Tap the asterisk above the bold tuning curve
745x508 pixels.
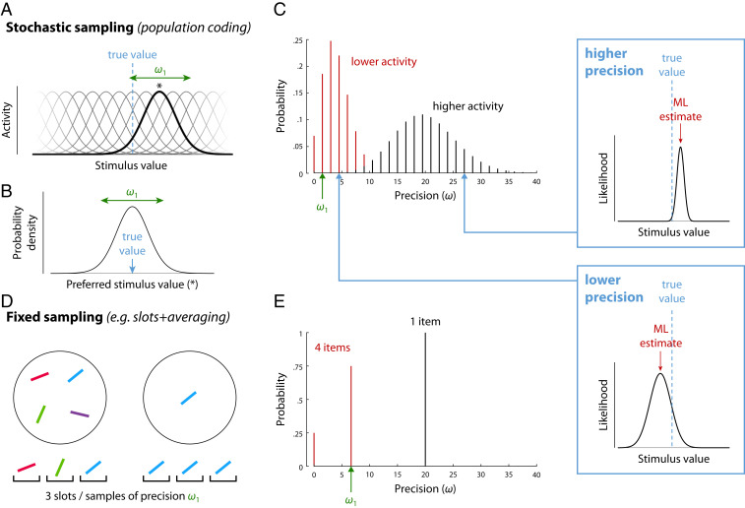pos(158,87)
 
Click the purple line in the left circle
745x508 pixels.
pos(80,413)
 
